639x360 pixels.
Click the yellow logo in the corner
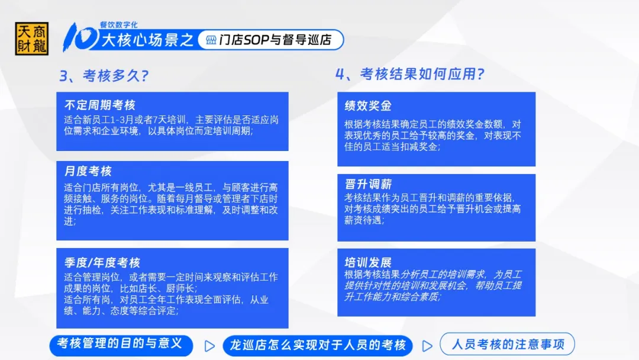pos(32,38)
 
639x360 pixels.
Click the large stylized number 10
pos(80,37)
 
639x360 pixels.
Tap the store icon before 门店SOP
pos(211,40)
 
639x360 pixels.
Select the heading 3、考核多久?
pos(104,76)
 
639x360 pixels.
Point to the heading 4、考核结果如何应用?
pos(410,74)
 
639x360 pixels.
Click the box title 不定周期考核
pos(100,105)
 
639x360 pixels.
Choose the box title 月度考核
pos(88,171)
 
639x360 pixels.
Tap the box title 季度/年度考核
pos(102,262)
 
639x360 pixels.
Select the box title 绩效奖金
pos(368,106)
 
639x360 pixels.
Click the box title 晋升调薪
pos(368,184)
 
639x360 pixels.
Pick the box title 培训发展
pos(368,262)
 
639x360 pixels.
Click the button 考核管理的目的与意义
pos(121,345)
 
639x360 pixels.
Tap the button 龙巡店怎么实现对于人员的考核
pos(318,345)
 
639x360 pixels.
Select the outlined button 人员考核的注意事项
pos(508,344)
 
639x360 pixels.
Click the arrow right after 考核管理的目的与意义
pos(209,346)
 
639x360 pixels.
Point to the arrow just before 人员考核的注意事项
pos(427,346)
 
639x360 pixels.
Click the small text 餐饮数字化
pos(118,25)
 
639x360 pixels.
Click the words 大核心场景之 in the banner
pos(147,40)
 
